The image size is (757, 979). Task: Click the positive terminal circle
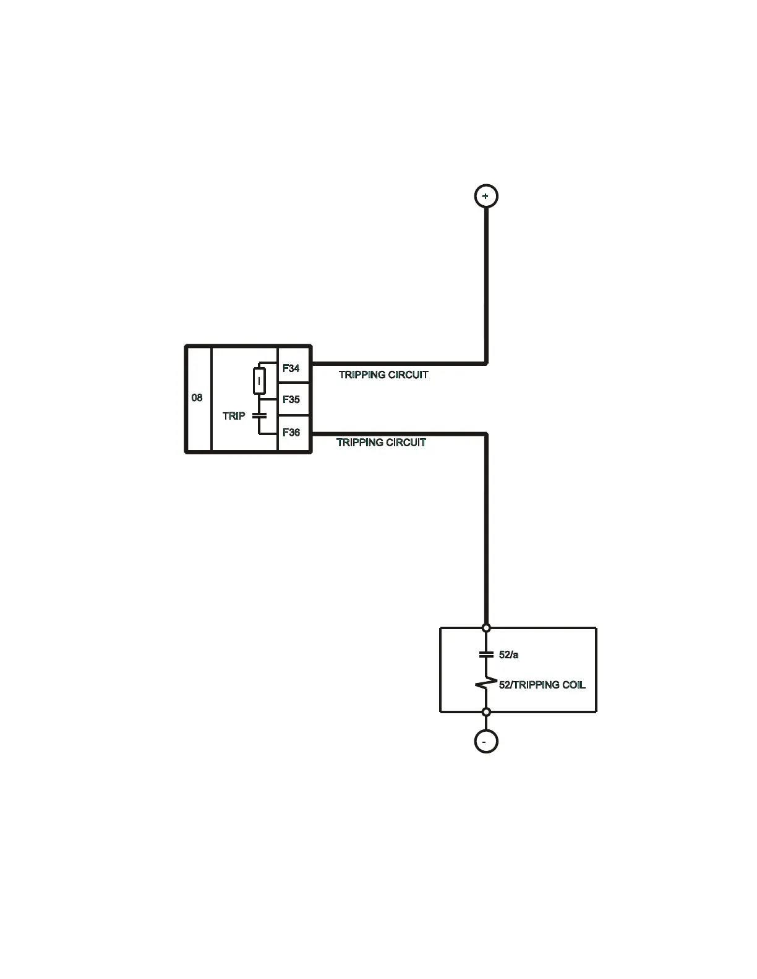(485, 196)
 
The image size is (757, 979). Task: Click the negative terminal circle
(485, 741)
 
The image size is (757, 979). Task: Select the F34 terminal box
(293, 368)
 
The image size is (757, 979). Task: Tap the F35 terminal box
(293, 399)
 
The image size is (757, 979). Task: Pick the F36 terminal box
(293, 433)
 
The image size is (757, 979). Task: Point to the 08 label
(197, 397)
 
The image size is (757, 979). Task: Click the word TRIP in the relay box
(234, 416)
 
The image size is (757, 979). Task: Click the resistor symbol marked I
(260, 381)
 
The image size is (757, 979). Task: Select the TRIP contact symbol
(260, 415)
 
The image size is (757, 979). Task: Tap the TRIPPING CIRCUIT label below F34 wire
(383, 375)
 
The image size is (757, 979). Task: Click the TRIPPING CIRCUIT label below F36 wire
(381, 443)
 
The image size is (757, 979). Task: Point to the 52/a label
(508, 655)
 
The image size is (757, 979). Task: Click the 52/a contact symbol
(486, 654)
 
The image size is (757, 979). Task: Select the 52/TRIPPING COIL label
(542, 685)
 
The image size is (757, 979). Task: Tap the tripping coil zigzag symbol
(486, 684)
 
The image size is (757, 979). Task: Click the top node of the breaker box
(486, 628)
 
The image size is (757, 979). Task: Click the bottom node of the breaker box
(486, 712)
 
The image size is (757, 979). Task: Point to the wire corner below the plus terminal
(486, 363)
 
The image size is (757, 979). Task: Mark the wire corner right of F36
(486, 434)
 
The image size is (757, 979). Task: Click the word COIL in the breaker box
(573, 685)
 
